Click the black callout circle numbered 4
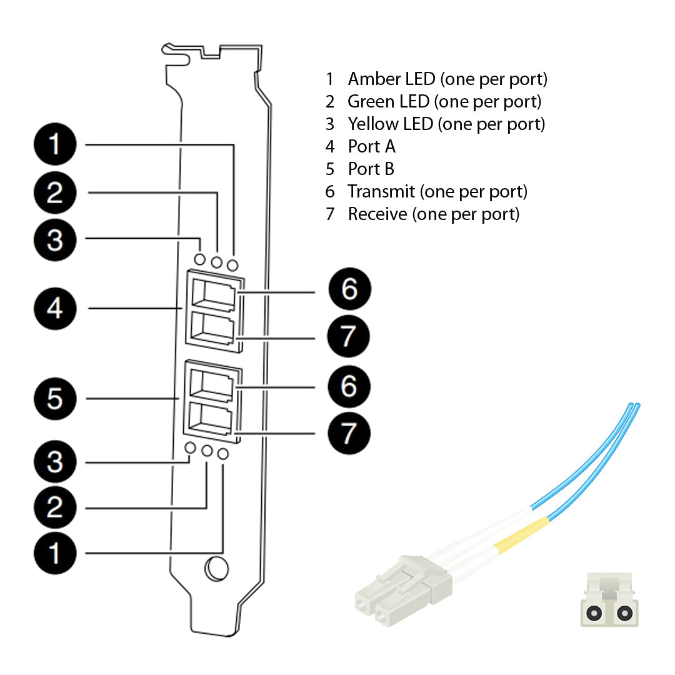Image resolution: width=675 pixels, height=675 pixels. click(x=55, y=308)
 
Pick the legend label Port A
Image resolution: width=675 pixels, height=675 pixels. click(x=371, y=146)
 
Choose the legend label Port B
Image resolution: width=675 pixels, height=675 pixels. click(x=371, y=169)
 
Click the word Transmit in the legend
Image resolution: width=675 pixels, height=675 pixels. click(x=381, y=191)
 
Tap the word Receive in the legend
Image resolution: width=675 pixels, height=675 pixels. click(x=377, y=214)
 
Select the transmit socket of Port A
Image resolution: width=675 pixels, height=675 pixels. click(x=213, y=294)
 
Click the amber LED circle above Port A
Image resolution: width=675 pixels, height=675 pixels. click(x=232, y=265)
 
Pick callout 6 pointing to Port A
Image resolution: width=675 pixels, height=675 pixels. click(x=349, y=289)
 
